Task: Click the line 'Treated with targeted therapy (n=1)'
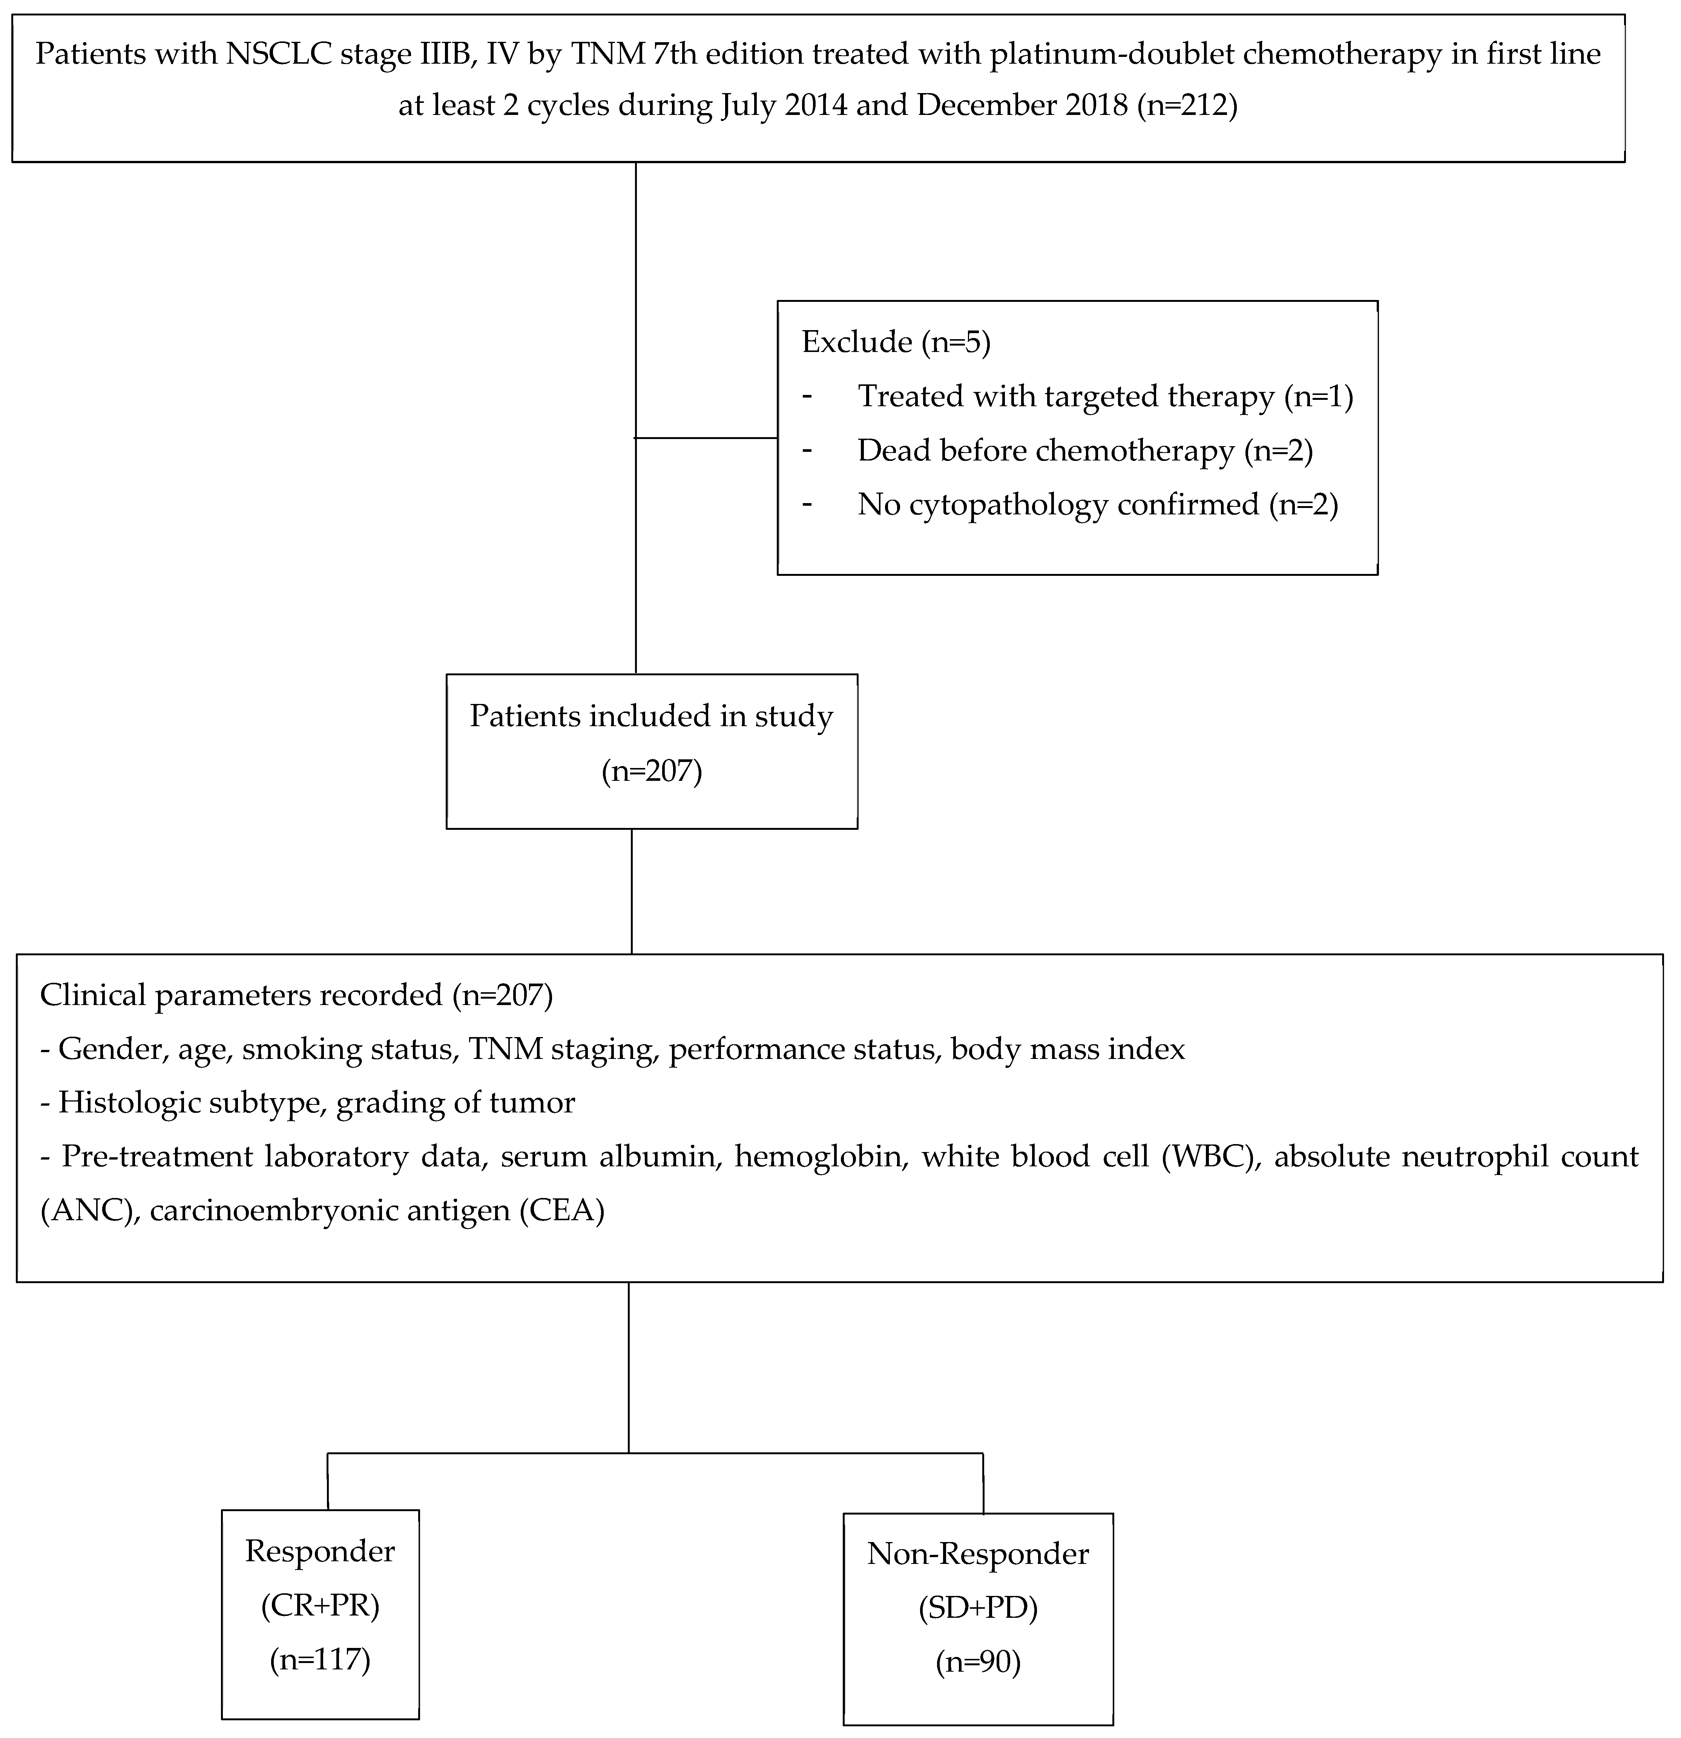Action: point(1104,396)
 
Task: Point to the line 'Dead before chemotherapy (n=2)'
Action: point(1084,450)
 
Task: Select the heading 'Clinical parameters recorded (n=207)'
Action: point(296,995)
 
